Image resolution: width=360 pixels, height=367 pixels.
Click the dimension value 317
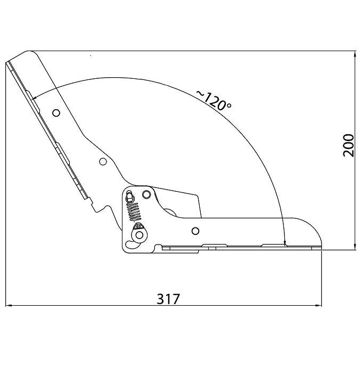168,298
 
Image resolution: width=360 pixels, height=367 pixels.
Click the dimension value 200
348,144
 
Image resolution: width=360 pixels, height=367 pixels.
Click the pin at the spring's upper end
129,195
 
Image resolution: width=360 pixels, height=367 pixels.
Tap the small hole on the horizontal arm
195,230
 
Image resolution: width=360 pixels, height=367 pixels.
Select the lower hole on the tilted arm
103,161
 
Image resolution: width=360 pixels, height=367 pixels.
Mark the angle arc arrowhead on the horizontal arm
285,243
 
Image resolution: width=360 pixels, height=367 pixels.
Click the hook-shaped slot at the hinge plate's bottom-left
130,243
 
